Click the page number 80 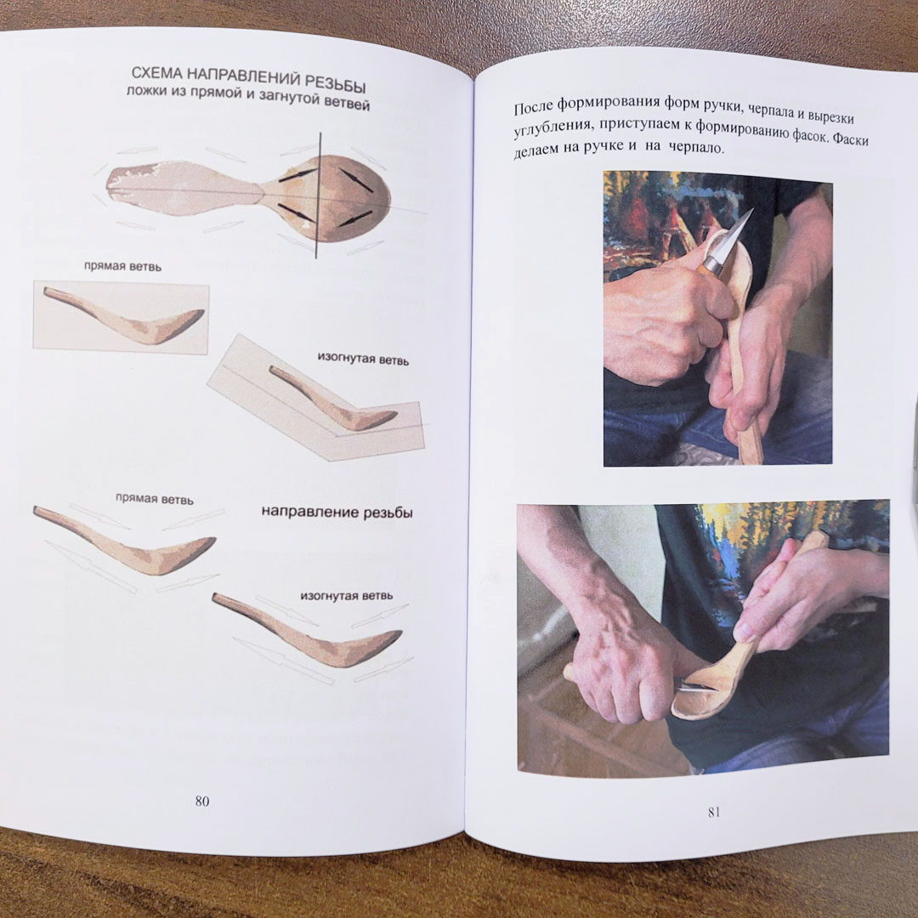click(x=202, y=801)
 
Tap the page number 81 click(x=714, y=812)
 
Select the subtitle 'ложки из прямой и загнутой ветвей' click(x=248, y=99)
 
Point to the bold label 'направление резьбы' click(x=337, y=513)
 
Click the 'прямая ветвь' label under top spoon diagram click(x=122, y=266)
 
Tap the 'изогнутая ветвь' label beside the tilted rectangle click(x=363, y=359)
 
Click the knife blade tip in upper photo click(x=751, y=211)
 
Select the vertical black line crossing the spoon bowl click(x=318, y=195)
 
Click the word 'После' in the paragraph click(x=533, y=107)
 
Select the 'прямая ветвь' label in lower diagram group click(x=154, y=499)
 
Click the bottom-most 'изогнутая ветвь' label click(x=347, y=596)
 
